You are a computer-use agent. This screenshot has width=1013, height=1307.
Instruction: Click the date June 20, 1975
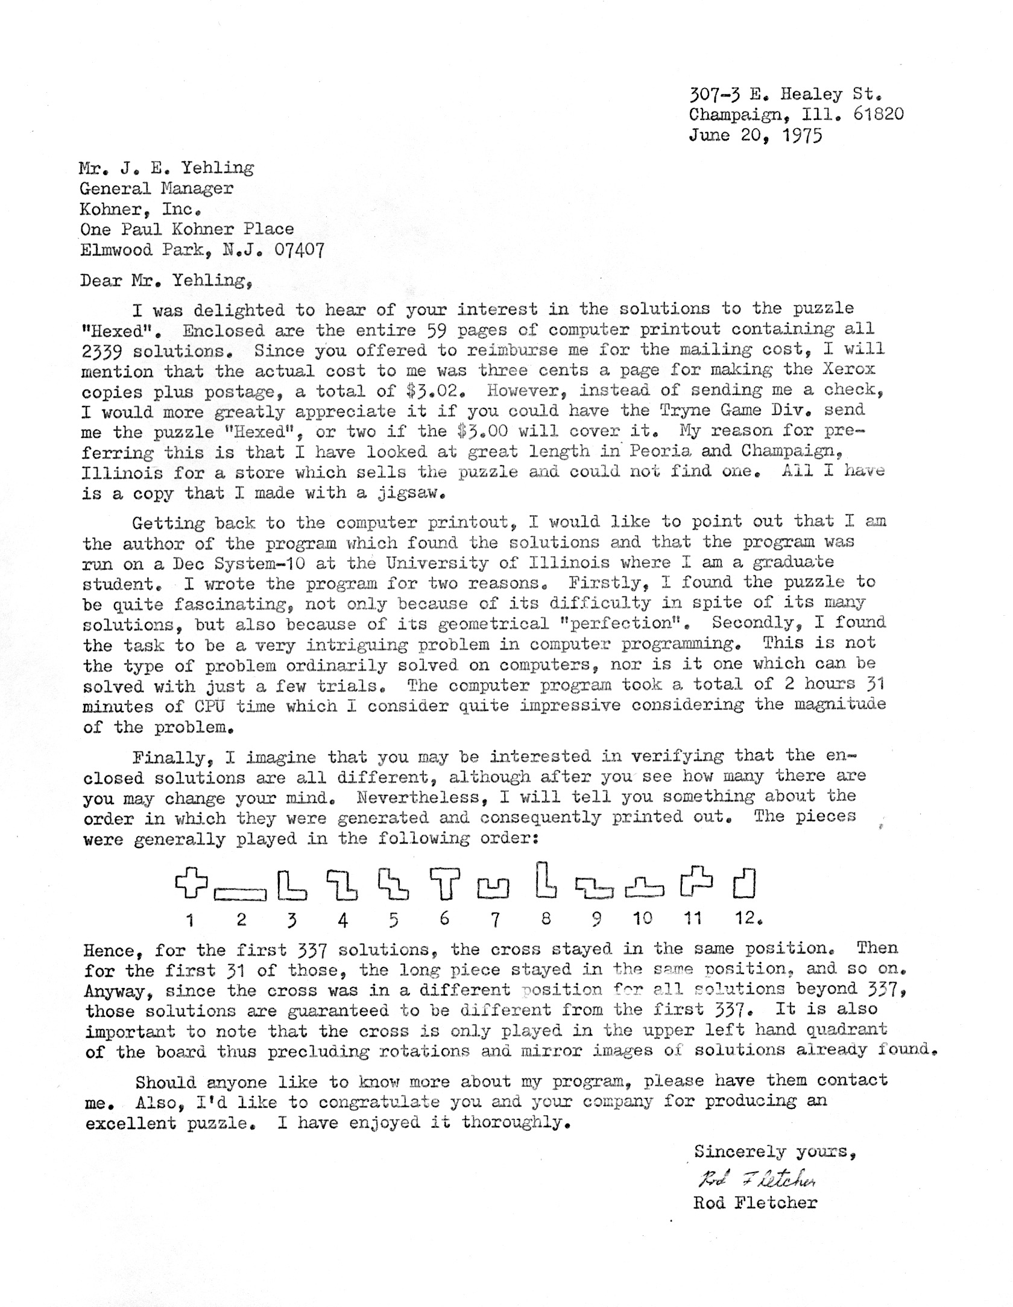tap(755, 135)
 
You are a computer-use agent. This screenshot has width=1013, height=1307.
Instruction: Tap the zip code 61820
tap(879, 114)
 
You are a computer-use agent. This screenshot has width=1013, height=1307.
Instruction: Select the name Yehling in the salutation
tap(209, 281)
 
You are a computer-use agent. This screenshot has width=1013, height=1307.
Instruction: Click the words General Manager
tap(157, 188)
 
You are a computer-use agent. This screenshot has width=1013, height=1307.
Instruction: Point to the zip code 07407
tap(299, 249)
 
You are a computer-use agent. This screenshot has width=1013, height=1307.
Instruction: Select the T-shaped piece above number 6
tap(445, 884)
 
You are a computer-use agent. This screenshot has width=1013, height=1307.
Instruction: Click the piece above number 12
tap(745, 884)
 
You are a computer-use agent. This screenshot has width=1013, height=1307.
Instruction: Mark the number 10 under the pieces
tap(643, 919)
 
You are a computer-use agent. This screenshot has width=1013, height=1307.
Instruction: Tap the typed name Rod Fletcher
tap(756, 1203)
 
